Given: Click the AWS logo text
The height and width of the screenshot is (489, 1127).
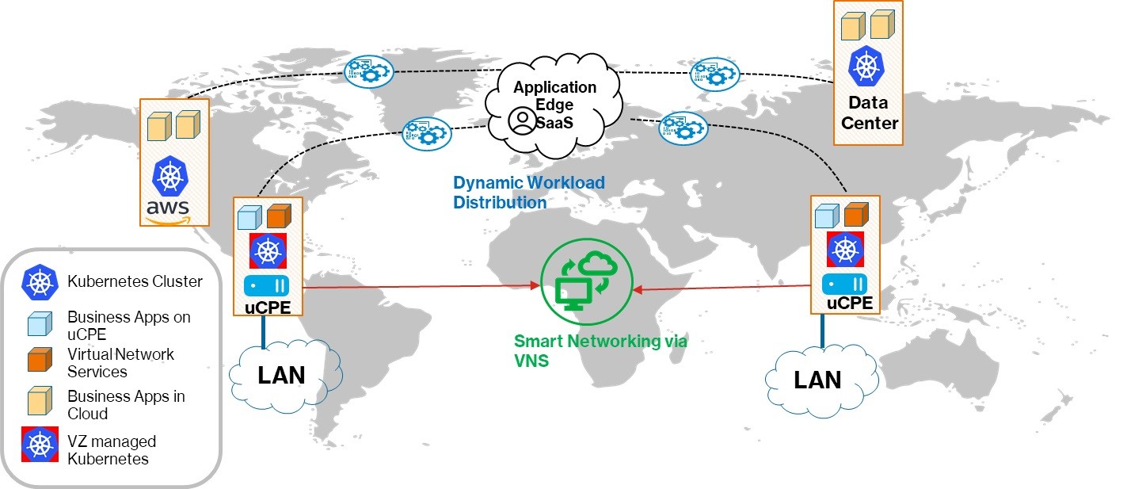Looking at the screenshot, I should point(168,208).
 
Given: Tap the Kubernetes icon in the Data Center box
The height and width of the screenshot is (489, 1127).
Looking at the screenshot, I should point(866,67).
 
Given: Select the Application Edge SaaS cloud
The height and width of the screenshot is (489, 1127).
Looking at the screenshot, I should point(555,103).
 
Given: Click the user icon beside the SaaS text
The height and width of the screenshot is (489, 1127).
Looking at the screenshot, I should point(521,120).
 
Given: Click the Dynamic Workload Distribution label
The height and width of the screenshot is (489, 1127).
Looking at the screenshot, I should point(528,193).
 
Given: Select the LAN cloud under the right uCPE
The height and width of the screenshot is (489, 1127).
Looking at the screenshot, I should point(817,380).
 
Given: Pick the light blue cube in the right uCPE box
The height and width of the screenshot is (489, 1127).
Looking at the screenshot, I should point(827,216).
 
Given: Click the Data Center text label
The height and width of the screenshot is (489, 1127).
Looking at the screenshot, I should point(869,113).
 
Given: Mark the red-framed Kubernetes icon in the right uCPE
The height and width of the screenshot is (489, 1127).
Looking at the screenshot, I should point(845,250).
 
